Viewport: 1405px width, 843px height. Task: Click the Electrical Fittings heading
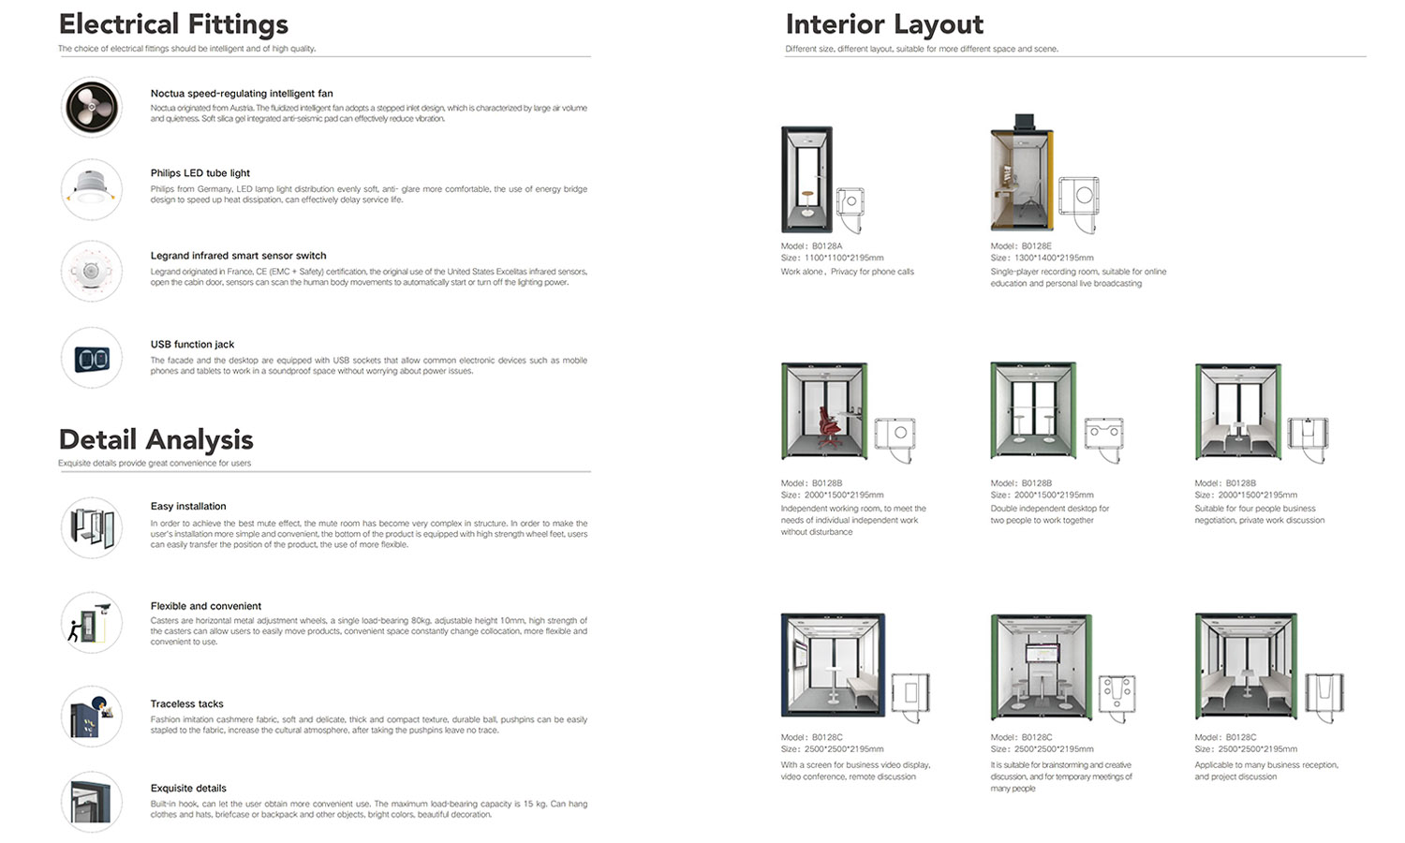click(173, 24)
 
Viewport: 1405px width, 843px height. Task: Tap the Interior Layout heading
click(884, 24)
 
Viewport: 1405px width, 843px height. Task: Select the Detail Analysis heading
click(155, 439)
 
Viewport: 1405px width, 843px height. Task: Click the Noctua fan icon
click(92, 107)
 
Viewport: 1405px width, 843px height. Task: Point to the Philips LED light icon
click(92, 188)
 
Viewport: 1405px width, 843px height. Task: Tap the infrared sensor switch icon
click(92, 271)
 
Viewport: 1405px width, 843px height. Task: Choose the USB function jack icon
click(92, 358)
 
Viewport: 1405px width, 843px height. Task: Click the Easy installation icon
click(92, 527)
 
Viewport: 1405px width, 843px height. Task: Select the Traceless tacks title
click(187, 703)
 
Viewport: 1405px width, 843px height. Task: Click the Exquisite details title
click(188, 788)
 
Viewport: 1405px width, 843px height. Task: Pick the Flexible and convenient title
click(206, 606)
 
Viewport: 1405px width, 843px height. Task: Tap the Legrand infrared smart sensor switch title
click(238, 255)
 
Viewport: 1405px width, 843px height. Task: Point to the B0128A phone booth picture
click(806, 180)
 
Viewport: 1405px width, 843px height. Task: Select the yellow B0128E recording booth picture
click(1022, 175)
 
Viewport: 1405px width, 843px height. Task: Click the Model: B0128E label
click(1021, 246)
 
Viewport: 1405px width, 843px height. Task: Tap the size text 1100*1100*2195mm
click(843, 258)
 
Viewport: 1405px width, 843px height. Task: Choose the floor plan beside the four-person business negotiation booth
click(1308, 434)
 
